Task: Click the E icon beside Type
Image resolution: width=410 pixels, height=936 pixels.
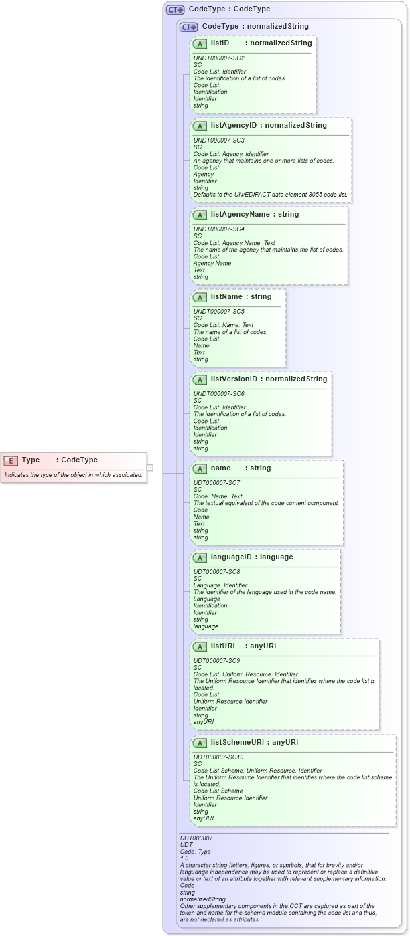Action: click(11, 460)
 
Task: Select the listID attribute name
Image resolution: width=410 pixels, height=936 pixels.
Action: click(220, 43)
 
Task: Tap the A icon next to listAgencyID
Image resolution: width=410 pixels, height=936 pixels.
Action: click(200, 126)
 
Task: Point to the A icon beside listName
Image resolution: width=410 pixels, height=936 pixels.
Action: click(200, 297)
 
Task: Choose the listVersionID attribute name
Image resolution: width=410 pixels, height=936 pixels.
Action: click(234, 379)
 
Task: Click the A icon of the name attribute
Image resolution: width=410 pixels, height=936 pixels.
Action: click(200, 468)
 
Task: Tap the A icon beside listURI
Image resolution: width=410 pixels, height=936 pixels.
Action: click(200, 646)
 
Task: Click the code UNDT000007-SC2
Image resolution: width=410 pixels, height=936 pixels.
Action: click(218, 58)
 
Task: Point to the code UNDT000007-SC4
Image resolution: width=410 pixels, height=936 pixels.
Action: click(218, 229)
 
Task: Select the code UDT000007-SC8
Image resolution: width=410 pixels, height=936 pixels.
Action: click(216, 572)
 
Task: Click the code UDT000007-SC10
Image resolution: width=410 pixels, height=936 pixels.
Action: click(218, 757)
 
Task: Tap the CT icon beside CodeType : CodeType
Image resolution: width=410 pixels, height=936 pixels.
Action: click(176, 9)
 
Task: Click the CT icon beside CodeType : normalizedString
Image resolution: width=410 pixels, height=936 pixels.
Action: click(188, 27)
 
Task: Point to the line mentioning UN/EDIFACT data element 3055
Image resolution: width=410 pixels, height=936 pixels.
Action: click(271, 195)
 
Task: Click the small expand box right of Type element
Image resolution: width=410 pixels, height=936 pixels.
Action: click(150, 468)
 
